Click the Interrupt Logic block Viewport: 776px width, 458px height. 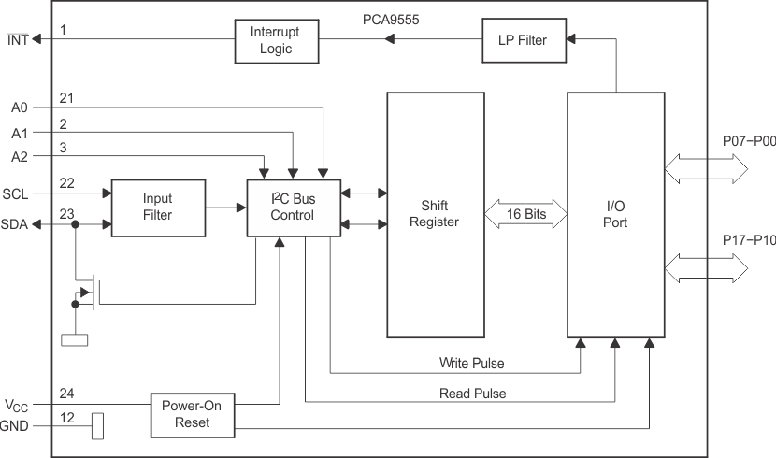point(276,40)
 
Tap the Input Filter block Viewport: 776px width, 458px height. point(157,207)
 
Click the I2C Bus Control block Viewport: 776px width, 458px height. point(293,207)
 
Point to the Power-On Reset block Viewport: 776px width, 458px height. point(194,415)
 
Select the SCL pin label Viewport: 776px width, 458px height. point(15,193)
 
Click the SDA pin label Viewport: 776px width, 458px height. point(15,224)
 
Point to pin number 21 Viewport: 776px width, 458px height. point(66,97)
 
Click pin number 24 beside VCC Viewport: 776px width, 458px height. point(66,393)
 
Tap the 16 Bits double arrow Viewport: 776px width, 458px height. point(526,214)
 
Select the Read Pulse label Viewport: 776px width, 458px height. point(472,394)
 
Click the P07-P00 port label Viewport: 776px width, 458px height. point(748,141)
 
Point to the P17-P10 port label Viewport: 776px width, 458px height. point(748,239)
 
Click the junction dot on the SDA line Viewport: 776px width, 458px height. point(75,224)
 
